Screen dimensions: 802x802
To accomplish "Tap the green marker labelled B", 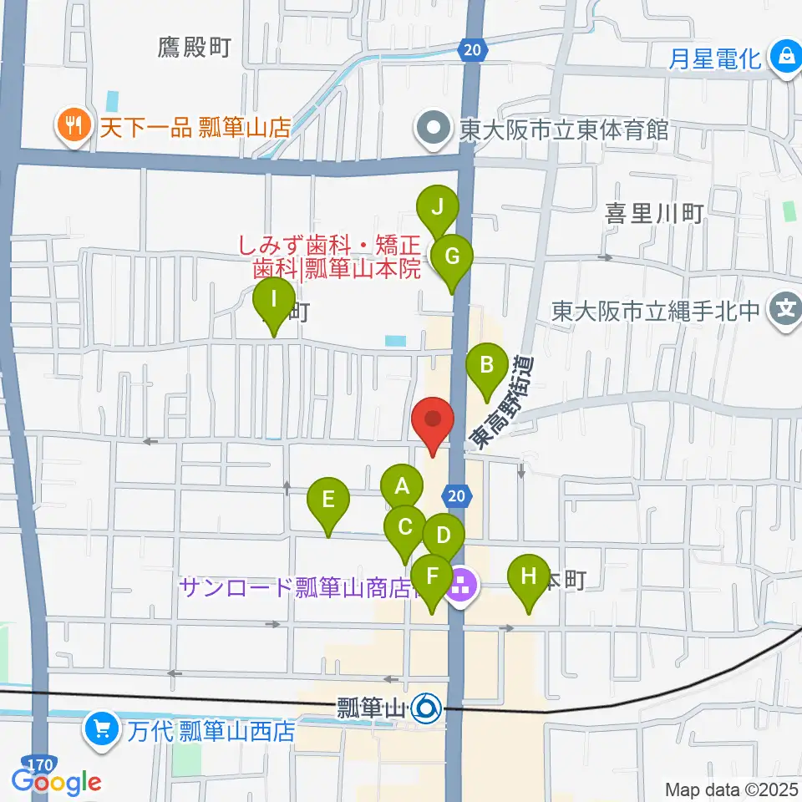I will (x=486, y=365).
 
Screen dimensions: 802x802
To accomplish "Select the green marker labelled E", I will (x=327, y=500).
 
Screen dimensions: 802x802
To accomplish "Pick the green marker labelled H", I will (x=528, y=576).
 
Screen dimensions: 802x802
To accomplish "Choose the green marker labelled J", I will (x=437, y=206).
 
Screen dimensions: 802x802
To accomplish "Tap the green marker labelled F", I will (x=432, y=576).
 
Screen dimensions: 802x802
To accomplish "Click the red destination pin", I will (x=433, y=420).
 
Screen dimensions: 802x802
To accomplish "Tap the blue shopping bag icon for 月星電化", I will (x=785, y=58).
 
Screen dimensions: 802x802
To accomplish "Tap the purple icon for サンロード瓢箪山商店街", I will (x=461, y=587).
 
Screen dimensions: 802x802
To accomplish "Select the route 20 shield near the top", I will (x=472, y=50).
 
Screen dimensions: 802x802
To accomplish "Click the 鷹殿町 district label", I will (x=193, y=48).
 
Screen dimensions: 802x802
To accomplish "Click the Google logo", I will (x=56, y=782).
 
